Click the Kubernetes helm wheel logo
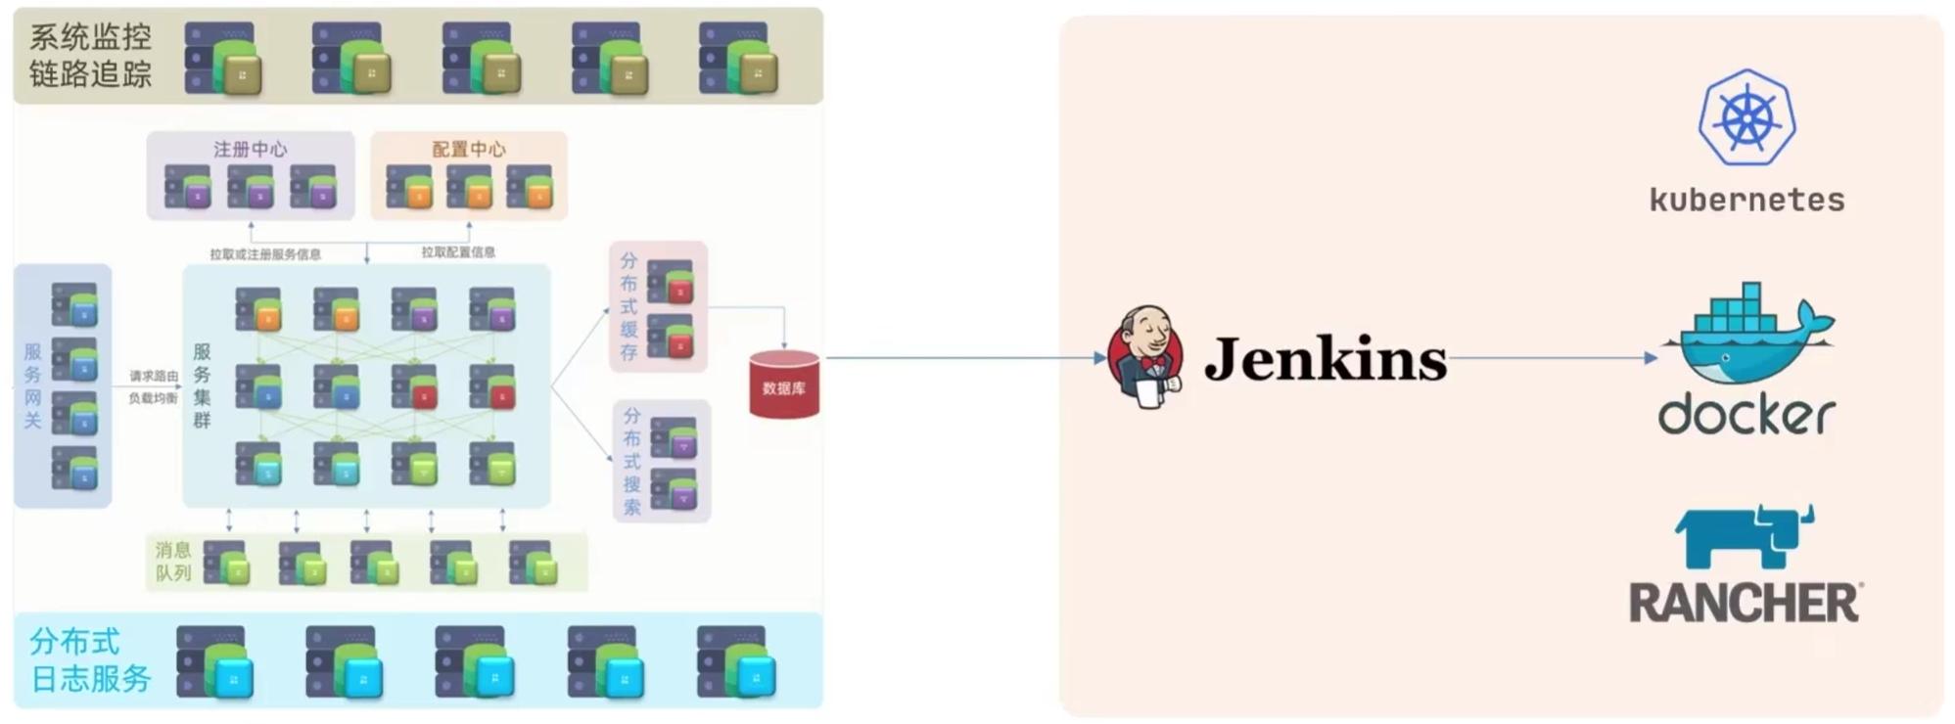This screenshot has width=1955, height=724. click(x=1746, y=117)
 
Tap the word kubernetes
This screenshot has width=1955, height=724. click(x=1746, y=200)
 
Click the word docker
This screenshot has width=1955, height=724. click(x=1746, y=414)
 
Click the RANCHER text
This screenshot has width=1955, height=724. click(x=1745, y=603)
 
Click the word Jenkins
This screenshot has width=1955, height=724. click(x=1325, y=359)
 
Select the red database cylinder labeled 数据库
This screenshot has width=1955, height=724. click(x=784, y=385)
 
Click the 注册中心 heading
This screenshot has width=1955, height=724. click(x=251, y=149)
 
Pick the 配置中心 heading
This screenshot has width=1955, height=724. click(x=469, y=149)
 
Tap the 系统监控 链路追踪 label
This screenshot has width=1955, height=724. click(x=90, y=55)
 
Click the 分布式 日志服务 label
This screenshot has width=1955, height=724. click(x=90, y=659)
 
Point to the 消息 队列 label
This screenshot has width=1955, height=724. click(x=173, y=561)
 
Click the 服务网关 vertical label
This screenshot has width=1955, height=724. click(x=32, y=385)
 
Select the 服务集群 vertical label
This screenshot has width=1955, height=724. click(x=202, y=385)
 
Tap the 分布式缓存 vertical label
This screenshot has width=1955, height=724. click(x=628, y=306)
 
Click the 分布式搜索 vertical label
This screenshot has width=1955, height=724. click(x=632, y=461)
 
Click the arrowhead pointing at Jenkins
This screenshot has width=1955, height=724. click(x=1099, y=358)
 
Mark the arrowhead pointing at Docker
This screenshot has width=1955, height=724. click(x=1651, y=358)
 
